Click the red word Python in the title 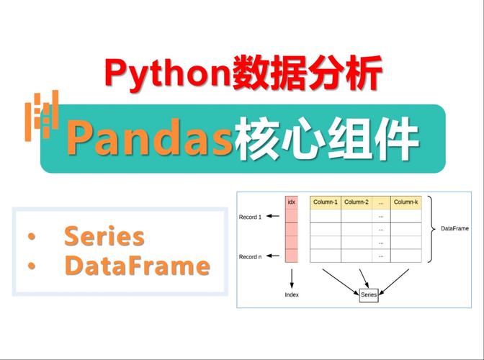click(x=168, y=73)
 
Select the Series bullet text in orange click(x=104, y=236)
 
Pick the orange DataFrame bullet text click(x=137, y=266)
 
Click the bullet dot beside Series click(x=31, y=237)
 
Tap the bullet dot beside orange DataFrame click(x=31, y=266)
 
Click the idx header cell click(x=292, y=202)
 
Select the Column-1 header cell click(x=326, y=202)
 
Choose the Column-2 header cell click(x=357, y=202)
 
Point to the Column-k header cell click(x=405, y=202)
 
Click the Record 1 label click(x=251, y=217)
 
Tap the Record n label click(x=251, y=256)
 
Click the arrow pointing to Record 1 click(x=275, y=217)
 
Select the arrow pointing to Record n click(x=275, y=256)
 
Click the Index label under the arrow click(x=292, y=294)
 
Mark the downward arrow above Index click(x=292, y=277)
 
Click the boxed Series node click(x=368, y=295)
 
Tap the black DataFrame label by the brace click(x=454, y=229)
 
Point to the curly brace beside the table click(x=430, y=229)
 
